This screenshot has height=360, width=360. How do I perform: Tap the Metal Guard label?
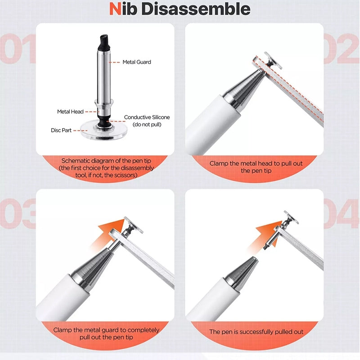point(137,62)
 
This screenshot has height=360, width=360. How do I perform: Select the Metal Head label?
point(70,112)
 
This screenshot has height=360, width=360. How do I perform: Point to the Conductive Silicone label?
point(147,117)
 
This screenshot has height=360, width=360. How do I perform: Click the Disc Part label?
point(61,130)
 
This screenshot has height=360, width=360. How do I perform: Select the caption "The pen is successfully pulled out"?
point(256,332)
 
